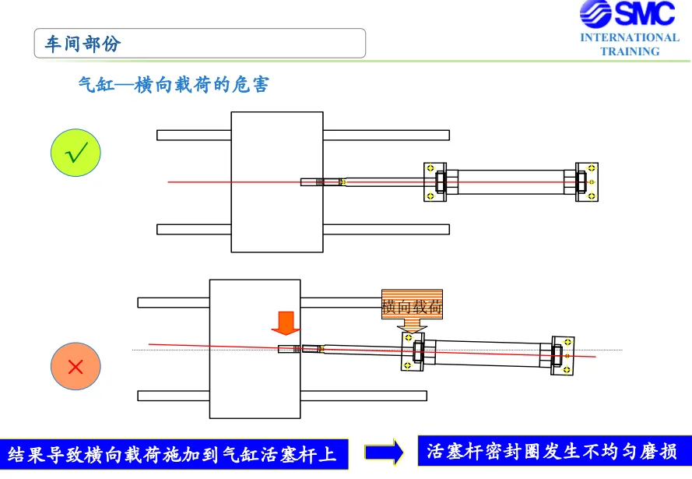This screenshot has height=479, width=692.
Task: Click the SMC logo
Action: coord(627,14)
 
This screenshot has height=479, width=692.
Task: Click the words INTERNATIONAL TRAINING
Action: coord(630,44)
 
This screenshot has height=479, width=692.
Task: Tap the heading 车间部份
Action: coord(83,44)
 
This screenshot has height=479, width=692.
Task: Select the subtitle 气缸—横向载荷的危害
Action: coord(174,84)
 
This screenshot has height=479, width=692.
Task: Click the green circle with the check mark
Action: coord(76,153)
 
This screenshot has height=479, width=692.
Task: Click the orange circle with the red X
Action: coord(76,366)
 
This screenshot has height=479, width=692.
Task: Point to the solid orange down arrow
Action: coord(286,323)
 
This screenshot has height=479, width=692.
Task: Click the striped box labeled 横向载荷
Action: coord(413,305)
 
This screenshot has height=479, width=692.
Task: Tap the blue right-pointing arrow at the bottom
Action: coord(384,452)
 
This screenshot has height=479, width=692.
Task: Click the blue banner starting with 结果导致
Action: coord(174,454)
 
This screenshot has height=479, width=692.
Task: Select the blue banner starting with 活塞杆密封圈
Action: coord(555,451)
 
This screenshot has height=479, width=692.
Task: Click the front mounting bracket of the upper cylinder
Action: coord(434,182)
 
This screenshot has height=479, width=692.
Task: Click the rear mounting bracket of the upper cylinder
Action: coord(587,182)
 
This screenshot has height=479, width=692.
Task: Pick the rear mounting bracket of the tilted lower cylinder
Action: coord(563,356)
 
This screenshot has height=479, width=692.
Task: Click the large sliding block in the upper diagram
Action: coord(277,182)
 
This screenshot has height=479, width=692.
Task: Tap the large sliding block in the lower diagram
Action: coord(255,349)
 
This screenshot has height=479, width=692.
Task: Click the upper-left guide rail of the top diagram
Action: coord(194,135)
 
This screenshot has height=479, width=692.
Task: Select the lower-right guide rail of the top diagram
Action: coord(386,229)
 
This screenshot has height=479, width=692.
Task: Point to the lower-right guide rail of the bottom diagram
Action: coord(364,396)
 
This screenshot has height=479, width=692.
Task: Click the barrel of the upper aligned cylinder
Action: coord(511,182)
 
